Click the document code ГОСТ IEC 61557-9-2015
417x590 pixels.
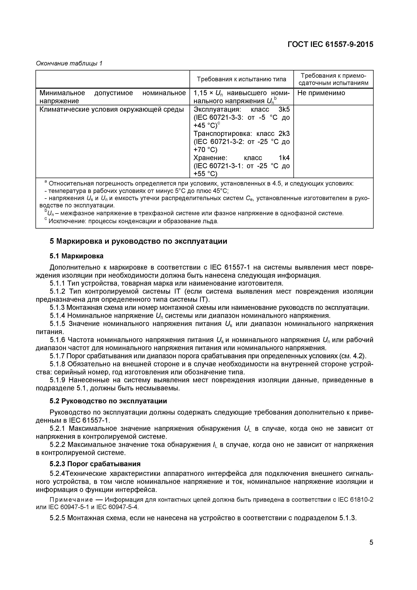point(330,44)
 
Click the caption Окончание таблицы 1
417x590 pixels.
point(69,63)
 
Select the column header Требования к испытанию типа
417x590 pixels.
point(241,79)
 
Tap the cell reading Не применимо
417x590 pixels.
point(321,93)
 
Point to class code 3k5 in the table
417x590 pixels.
point(284,109)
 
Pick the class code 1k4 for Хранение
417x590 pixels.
point(284,158)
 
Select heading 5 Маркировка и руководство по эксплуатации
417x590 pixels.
point(138,242)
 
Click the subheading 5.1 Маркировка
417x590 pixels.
point(76,256)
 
